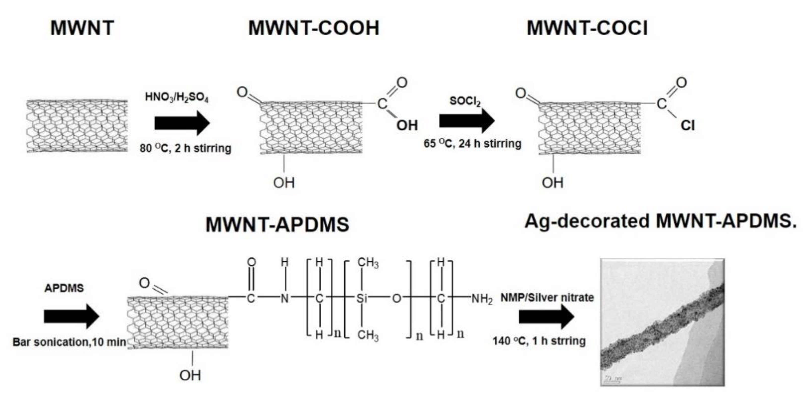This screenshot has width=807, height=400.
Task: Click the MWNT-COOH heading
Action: (x=314, y=28)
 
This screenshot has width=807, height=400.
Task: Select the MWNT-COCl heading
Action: (x=587, y=28)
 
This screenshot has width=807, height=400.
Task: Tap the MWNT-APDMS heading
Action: (x=277, y=224)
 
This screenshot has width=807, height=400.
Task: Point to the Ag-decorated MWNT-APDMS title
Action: (x=660, y=221)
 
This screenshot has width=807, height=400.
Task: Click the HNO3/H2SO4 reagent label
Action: (x=176, y=97)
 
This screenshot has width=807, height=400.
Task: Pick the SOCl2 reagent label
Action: (x=465, y=101)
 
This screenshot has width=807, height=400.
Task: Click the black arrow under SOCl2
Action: (x=467, y=121)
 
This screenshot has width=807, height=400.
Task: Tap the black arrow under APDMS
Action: (x=71, y=316)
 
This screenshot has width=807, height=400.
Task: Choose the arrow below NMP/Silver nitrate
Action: (x=546, y=317)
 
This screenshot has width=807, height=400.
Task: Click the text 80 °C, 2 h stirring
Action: (x=185, y=148)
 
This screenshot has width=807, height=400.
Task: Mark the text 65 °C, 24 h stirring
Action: (x=472, y=144)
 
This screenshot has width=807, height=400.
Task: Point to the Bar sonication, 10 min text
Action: (x=69, y=342)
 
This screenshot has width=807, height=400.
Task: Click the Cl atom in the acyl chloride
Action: (x=688, y=126)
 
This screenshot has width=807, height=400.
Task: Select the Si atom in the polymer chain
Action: (x=361, y=298)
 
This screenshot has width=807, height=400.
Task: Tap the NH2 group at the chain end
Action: (x=482, y=299)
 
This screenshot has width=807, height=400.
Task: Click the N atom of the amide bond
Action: (x=285, y=298)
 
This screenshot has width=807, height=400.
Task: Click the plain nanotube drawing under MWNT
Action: (x=77, y=126)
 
